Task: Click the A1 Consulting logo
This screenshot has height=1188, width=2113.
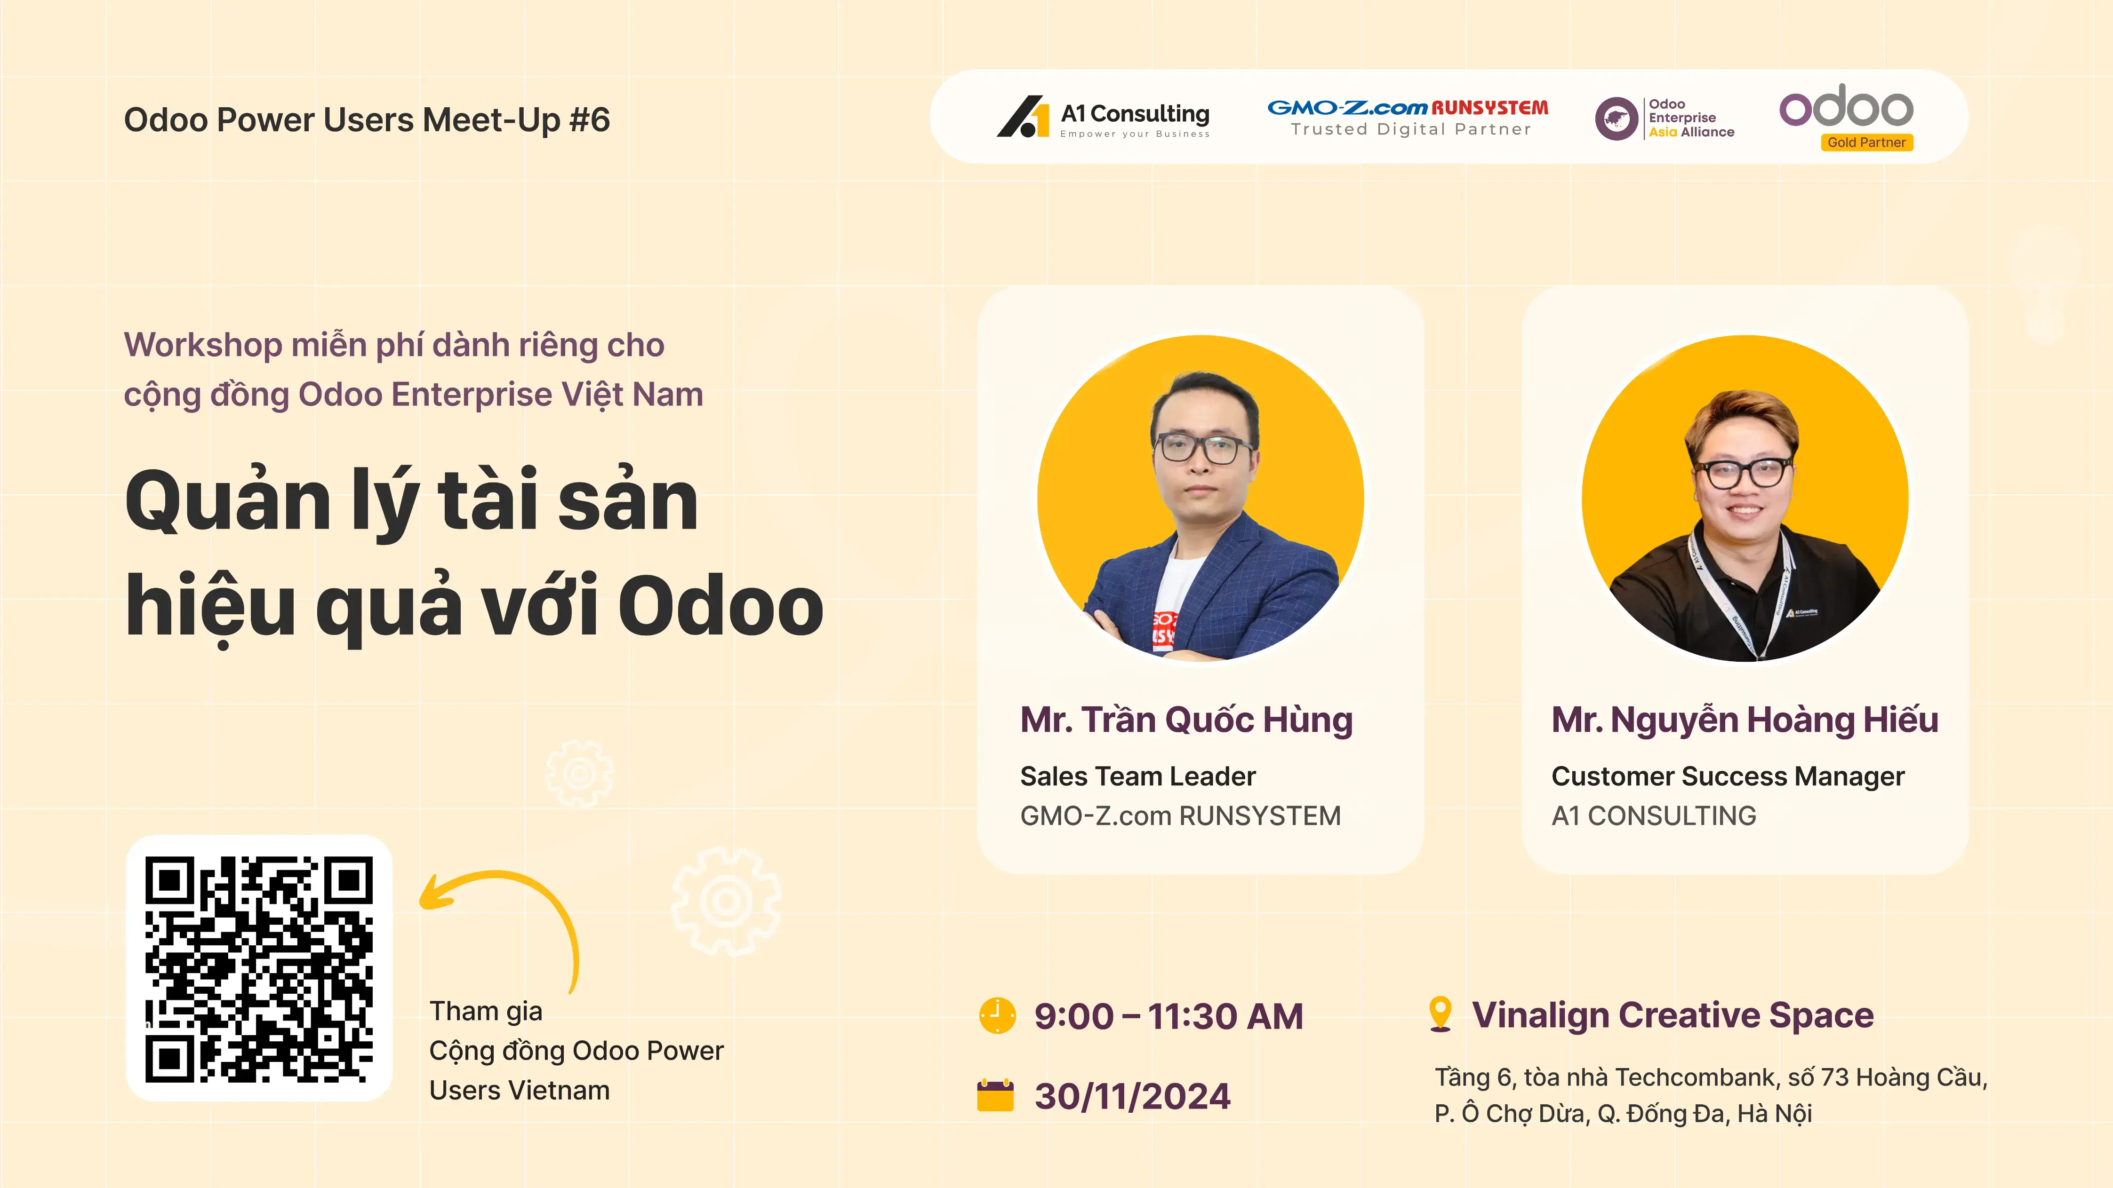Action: coord(1103,117)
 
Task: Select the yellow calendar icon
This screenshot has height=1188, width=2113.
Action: coord(996,1095)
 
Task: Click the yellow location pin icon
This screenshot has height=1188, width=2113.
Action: coord(1441,1014)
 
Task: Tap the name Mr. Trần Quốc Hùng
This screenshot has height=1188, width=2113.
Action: coord(1186,720)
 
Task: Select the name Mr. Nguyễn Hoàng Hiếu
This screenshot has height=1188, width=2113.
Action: coord(1745,720)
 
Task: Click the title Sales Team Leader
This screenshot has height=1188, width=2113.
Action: coord(1138,776)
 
